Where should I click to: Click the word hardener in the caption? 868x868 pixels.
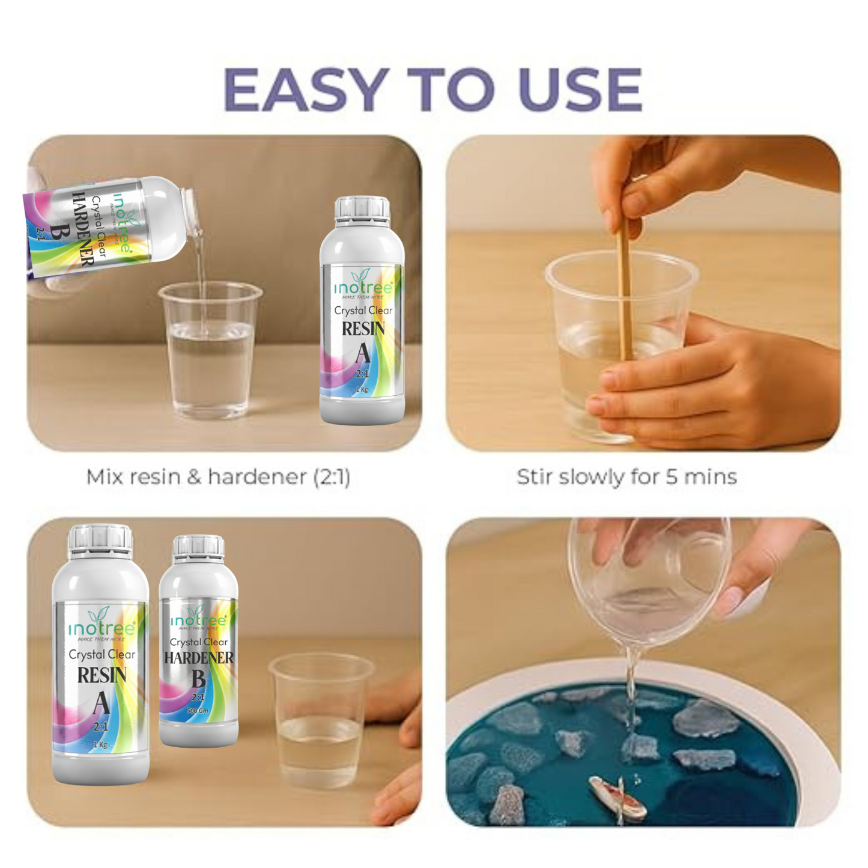(x=256, y=477)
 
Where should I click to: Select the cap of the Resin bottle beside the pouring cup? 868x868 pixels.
(x=362, y=208)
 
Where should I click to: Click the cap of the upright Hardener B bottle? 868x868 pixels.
(x=198, y=546)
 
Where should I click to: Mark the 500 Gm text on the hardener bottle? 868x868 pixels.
(x=198, y=711)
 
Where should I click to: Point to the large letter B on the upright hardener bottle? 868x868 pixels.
(x=198, y=679)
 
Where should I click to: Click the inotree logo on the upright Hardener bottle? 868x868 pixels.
(x=198, y=619)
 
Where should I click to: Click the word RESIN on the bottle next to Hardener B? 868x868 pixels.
(x=102, y=676)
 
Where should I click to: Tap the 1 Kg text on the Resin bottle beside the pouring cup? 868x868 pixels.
(x=362, y=389)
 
